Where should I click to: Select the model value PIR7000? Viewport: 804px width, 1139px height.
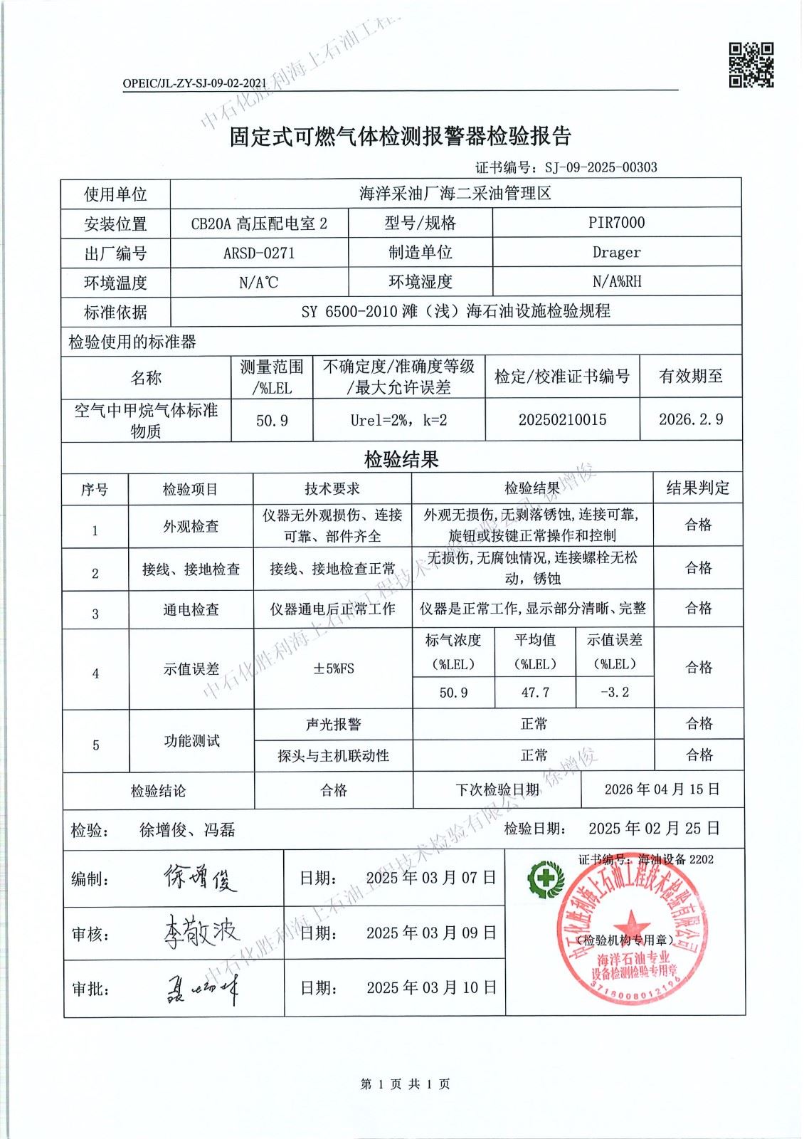click(x=616, y=223)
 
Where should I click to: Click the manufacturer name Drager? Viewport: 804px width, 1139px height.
click(x=616, y=253)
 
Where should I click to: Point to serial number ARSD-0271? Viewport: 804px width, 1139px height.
click(x=259, y=253)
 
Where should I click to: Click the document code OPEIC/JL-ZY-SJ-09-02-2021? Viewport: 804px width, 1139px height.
click(x=194, y=83)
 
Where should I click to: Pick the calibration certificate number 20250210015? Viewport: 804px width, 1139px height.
click(x=562, y=419)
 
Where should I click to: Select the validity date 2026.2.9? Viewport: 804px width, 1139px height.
click(x=690, y=419)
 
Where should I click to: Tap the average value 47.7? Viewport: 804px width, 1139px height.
click(x=535, y=692)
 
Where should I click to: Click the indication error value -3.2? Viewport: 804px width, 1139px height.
click(x=615, y=692)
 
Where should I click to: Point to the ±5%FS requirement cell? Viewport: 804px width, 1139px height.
click(x=333, y=668)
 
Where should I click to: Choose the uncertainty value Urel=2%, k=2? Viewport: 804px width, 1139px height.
click(x=398, y=420)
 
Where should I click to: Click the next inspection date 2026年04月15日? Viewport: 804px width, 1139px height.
click(x=662, y=789)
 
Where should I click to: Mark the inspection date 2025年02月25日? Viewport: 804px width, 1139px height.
click(x=654, y=829)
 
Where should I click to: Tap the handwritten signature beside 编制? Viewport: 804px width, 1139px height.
click(x=199, y=878)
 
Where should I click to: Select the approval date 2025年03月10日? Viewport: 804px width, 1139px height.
click(x=431, y=988)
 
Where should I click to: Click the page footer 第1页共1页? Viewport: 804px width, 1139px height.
click(x=405, y=1084)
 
